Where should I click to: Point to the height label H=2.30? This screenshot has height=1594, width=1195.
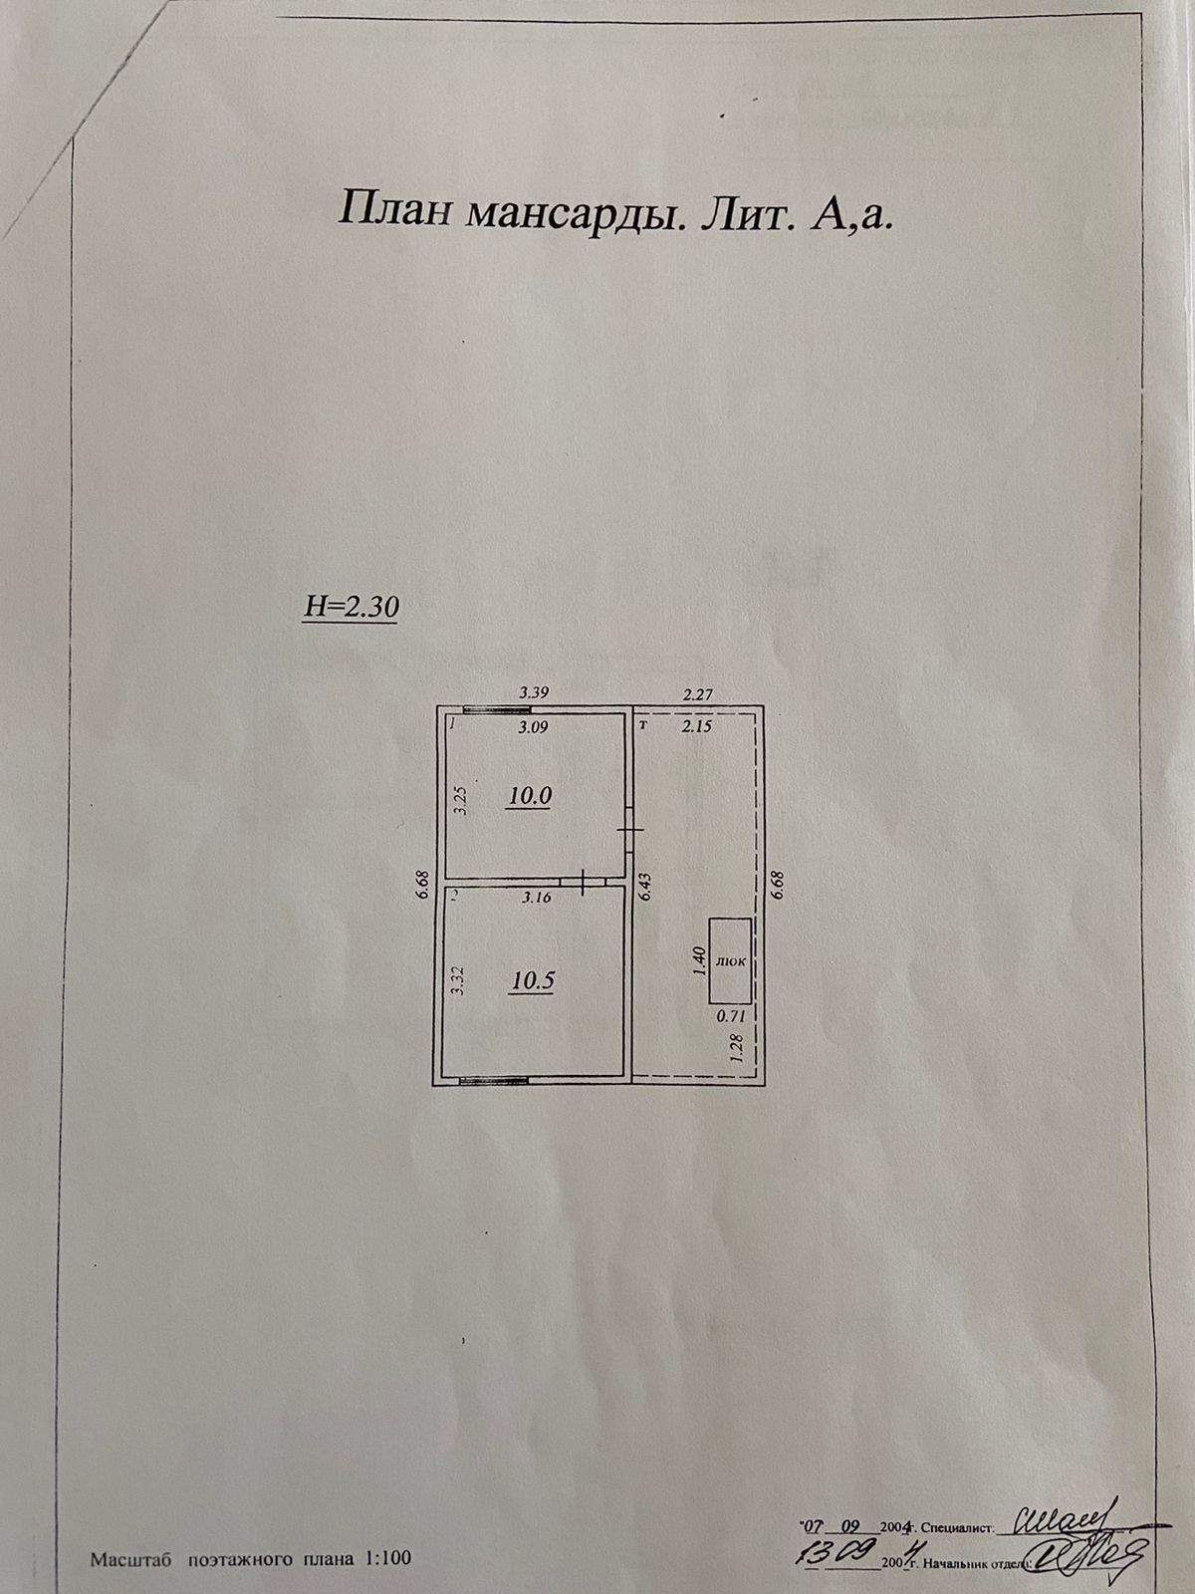tap(350, 607)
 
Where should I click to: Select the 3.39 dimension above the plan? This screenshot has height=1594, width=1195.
tap(536, 691)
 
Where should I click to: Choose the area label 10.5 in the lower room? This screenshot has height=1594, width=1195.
tap(533, 980)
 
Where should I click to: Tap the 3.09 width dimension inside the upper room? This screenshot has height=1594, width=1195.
tap(535, 727)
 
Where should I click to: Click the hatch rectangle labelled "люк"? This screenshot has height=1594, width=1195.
tap(730, 960)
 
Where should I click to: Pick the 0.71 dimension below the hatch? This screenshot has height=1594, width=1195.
tap(731, 1017)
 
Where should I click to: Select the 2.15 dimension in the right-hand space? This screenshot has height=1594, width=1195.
tap(696, 727)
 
